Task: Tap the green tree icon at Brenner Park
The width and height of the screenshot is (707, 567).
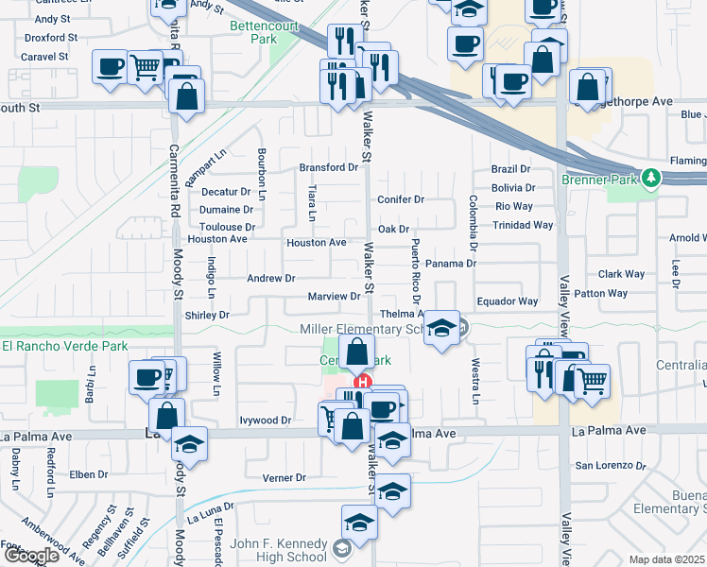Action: [x=650, y=178]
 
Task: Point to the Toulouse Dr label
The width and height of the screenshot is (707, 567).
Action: [x=227, y=227]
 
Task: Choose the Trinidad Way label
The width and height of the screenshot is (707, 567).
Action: [x=522, y=225]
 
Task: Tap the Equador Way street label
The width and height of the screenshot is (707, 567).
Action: [x=507, y=301]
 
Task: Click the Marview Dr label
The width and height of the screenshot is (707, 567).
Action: [x=335, y=297]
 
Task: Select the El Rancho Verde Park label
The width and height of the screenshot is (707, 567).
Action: [x=64, y=346]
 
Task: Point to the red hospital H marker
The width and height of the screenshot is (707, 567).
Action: [x=360, y=382]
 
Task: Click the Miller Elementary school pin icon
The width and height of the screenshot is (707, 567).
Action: [x=440, y=328]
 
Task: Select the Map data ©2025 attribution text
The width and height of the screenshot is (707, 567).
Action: [x=667, y=559]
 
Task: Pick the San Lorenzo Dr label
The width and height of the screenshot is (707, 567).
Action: [x=611, y=466]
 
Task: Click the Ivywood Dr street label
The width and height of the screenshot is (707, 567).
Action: [x=266, y=420]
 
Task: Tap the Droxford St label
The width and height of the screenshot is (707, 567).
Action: [x=51, y=37]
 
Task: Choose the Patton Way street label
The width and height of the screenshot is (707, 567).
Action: [x=600, y=293]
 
